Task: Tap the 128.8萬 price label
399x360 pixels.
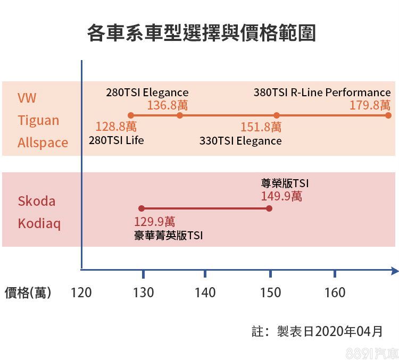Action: (116, 127)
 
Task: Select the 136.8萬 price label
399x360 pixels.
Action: (167, 105)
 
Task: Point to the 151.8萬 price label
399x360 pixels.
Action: (261, 127)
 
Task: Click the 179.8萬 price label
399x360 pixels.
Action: (370, 105)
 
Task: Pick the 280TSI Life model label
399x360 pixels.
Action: (116, 140)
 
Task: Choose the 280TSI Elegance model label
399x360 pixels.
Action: (147, 93)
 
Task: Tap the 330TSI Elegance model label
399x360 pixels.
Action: (240, 141)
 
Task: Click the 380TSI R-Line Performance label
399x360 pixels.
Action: (322, 93)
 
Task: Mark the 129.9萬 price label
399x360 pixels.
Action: (154, 222)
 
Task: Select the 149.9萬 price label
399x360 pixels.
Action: (281, 196)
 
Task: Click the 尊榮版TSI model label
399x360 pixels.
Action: (285, 183)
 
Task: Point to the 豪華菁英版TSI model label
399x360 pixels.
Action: (168, 235)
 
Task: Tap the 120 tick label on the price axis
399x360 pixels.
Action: (81, 292)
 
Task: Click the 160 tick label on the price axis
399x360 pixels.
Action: (334, 292)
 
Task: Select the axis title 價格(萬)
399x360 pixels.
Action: (28, 292)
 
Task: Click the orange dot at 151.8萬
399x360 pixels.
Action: (277, 115)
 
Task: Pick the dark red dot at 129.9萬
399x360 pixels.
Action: (142, 208)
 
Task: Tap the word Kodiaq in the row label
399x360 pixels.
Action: (39, 223)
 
